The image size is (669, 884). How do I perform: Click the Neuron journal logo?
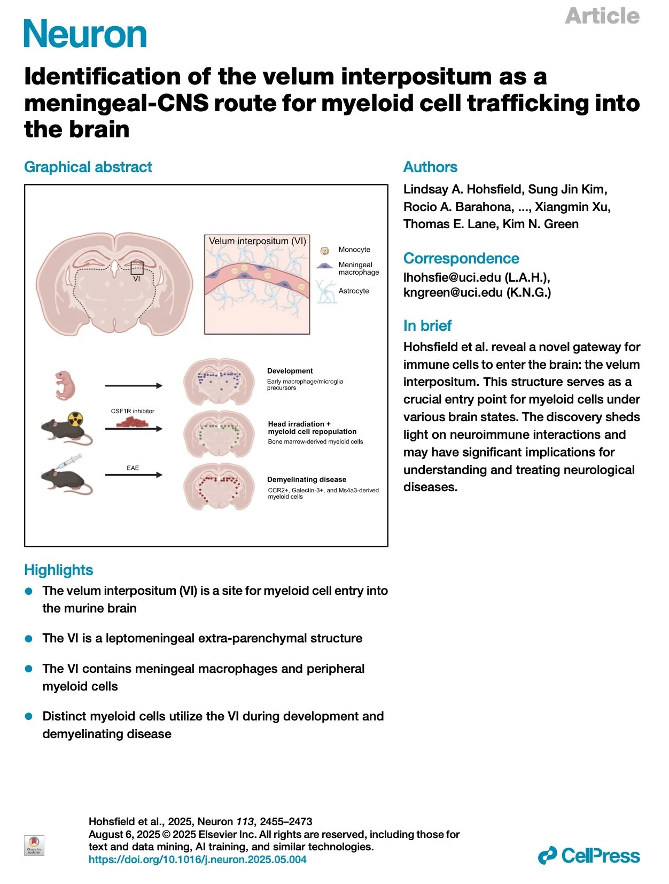[x=85, y=34]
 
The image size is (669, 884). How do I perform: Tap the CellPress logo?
[x=588, y=855]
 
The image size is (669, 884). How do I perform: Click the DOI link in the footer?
[x=197, y=860]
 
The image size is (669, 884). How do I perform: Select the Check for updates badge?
[x=34, y=846]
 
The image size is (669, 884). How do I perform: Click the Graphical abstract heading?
[x=88, y=167]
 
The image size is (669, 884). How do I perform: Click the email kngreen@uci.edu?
[x=453, y=292]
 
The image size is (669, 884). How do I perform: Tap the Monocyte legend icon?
[x=324, y=251]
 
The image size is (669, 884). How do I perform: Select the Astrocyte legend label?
[x=353, y=291]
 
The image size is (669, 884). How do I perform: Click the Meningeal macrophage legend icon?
[x=324, y=266]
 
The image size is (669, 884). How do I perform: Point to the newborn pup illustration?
[x=65, y=385]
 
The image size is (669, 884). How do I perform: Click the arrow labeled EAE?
[x=134, y=475]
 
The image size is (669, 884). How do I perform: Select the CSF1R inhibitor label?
[x=133, y=411]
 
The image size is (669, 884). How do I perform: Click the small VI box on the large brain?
[x=137, y=268]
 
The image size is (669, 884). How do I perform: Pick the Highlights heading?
[x=58, y=570]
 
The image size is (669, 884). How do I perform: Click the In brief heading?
[x=427, y=325]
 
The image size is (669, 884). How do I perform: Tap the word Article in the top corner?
[x=602, y=16]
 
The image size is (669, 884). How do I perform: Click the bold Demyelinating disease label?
[x=307, y=479]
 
